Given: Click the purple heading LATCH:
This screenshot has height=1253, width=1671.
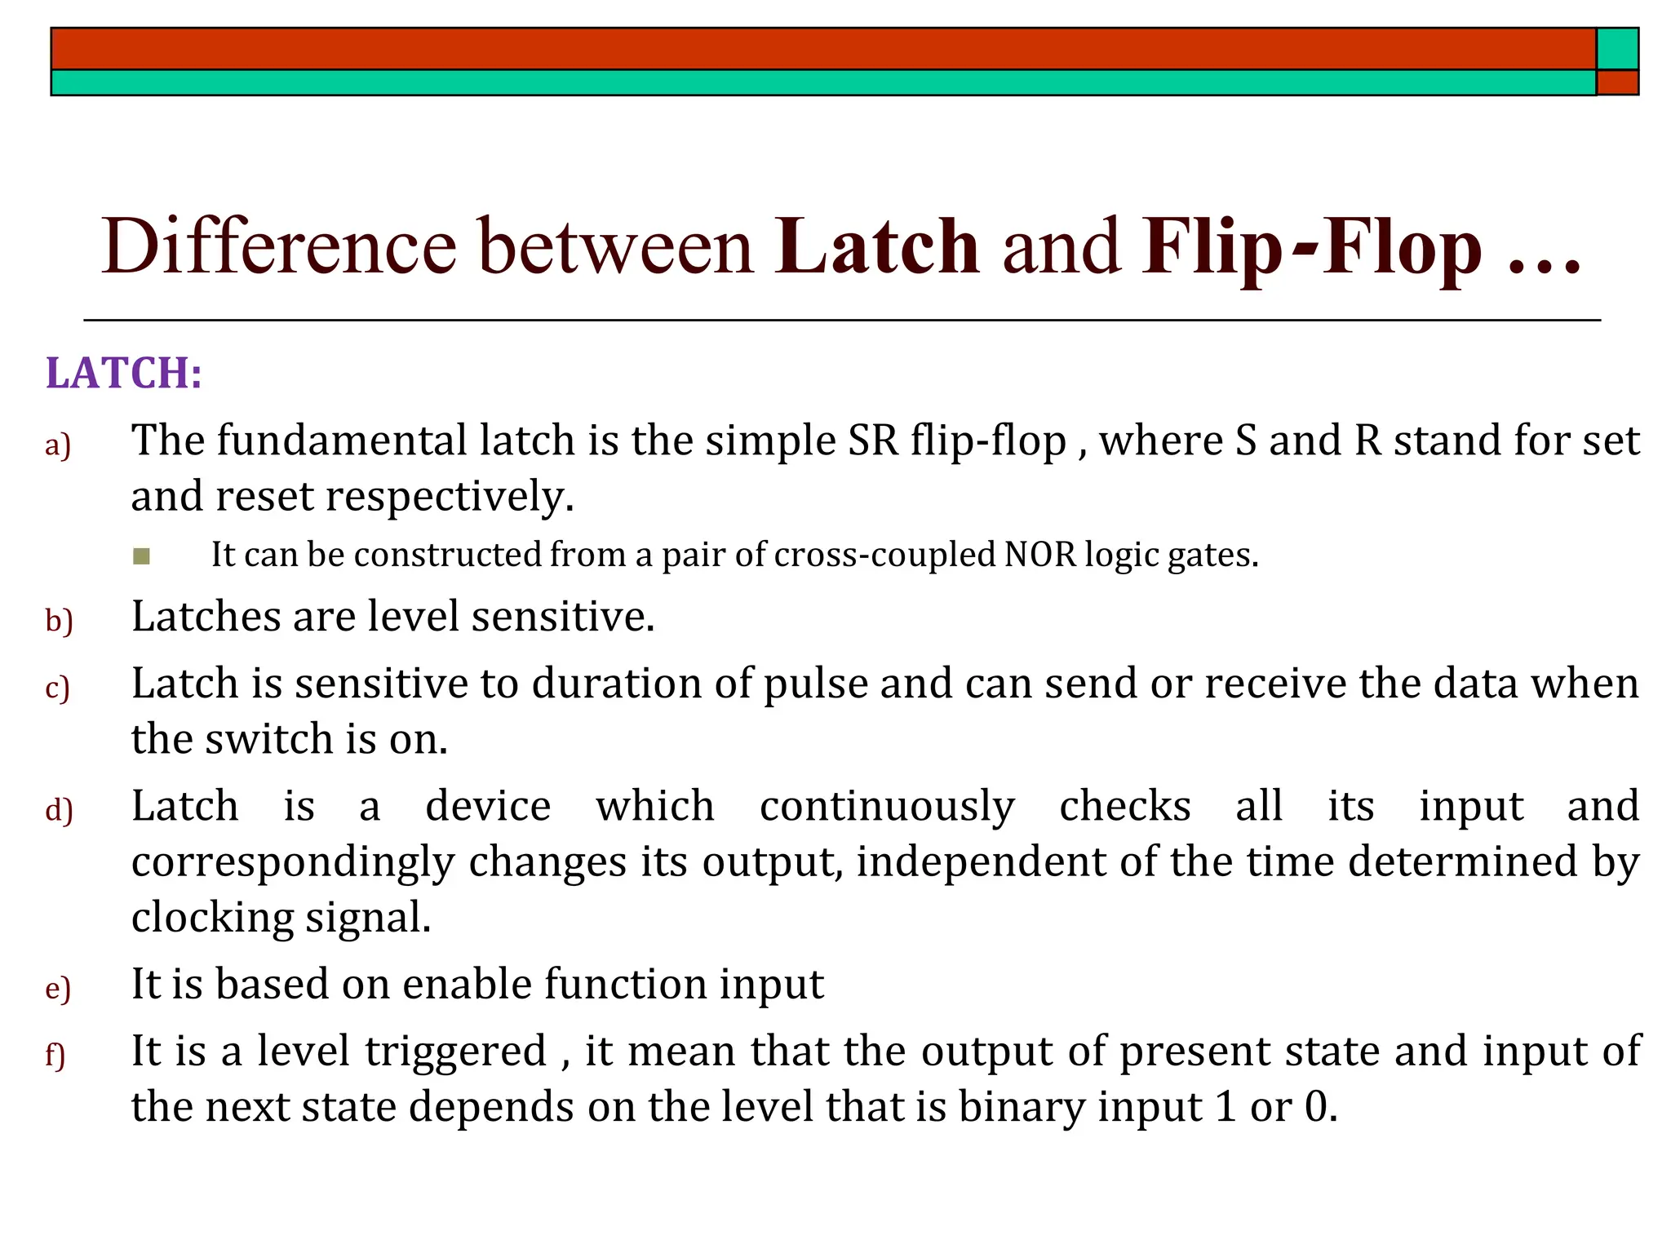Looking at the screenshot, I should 123,374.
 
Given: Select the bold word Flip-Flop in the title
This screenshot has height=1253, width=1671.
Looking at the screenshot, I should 1312,246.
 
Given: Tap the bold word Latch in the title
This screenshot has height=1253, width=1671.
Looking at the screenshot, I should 877,246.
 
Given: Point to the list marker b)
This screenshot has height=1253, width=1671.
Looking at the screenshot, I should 59,622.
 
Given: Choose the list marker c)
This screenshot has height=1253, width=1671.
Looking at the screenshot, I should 58,688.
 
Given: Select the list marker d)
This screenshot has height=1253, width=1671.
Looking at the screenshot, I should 59,811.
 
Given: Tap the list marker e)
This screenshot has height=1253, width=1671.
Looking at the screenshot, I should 58,989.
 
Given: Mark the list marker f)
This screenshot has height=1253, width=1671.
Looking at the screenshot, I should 55,1056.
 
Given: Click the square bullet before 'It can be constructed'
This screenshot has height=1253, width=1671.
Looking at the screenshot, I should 141,556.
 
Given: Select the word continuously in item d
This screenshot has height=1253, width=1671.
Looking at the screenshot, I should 887,807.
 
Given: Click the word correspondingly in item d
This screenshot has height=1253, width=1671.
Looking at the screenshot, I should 293,863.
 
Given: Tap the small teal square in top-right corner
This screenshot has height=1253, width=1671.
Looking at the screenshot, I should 1617,49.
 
